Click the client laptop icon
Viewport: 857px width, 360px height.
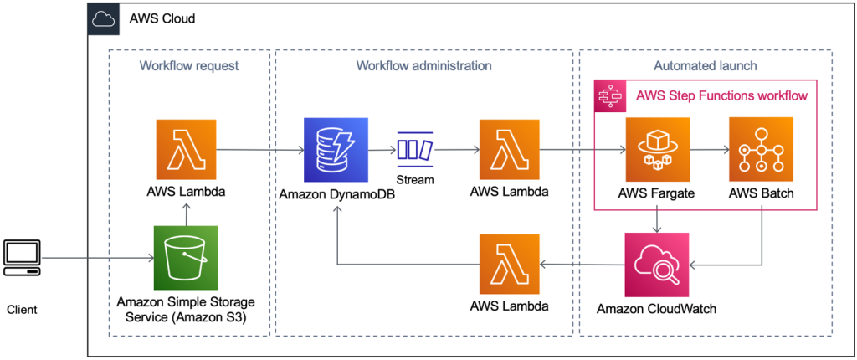[x=21, y=258]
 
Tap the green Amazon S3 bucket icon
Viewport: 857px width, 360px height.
[x=186, y=257]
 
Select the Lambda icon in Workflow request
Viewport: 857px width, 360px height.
[x=186, y=150]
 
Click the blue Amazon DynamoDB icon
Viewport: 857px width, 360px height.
[x=336, y=150]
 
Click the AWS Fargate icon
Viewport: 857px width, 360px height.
[x=657, y=150]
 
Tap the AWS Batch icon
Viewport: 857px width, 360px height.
[x=761, y=150]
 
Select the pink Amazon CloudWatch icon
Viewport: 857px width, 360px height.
[x=657, y=265]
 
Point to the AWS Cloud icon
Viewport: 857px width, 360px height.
[x=104, y=18]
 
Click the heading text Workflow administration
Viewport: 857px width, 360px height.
[x=423, y=65]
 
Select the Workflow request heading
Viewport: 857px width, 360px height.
[x=189, y=65]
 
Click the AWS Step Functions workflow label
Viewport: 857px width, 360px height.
[x=721, y=95]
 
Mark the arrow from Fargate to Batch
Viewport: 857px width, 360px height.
[x=708, y=151]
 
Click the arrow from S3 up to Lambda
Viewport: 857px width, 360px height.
[x=186, y=214]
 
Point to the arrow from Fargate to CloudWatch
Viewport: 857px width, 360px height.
[x=657, y=219]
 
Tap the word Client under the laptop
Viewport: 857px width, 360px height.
[x=22, y=310]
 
